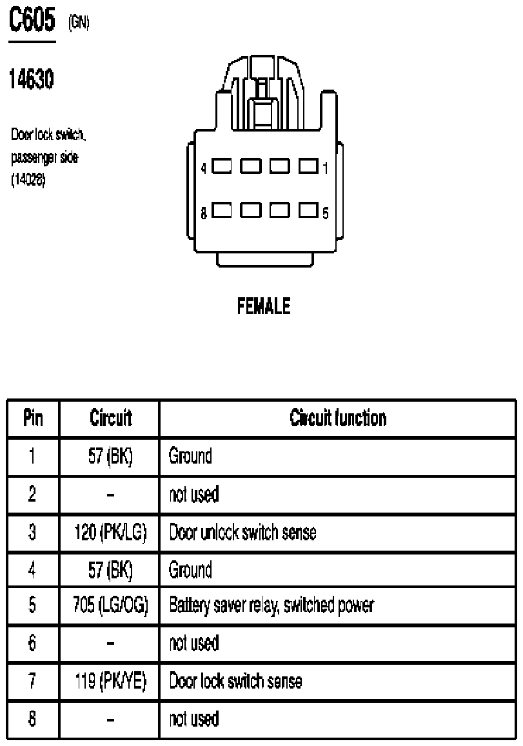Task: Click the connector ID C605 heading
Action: pos(32,20)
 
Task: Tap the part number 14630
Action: pos(32,79)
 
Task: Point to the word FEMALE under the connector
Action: pos(264,306)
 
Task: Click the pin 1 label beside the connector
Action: pos(326,168)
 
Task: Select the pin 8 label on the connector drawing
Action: pos(204,213)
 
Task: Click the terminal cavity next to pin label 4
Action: pos(222,166)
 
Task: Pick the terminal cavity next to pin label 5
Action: pos(309,210)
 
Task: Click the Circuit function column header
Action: pos(338,418)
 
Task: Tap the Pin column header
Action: pos(33,418)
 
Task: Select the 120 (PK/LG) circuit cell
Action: pos(110,533)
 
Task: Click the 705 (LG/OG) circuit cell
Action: pos(110,605)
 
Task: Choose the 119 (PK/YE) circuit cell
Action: pos(110,682)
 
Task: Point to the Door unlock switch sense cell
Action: pos(242,533)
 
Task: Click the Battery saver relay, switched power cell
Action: pos(271,605)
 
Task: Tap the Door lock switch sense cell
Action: pos(235,682)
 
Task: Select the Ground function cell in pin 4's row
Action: pos(190,570)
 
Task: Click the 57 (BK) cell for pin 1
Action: pos(110,456)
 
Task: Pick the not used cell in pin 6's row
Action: pos(194,643)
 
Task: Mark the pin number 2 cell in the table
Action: pos(32,495)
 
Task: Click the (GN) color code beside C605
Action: pos(79,22)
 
